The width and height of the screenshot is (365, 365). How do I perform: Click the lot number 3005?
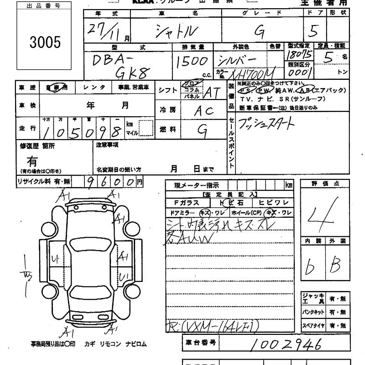pos(45,42)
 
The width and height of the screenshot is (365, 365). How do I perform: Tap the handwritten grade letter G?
pos(260,31)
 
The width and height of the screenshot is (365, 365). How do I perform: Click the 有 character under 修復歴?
pos(32,161)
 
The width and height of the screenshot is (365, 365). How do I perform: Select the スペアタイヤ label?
pos(313,326)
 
